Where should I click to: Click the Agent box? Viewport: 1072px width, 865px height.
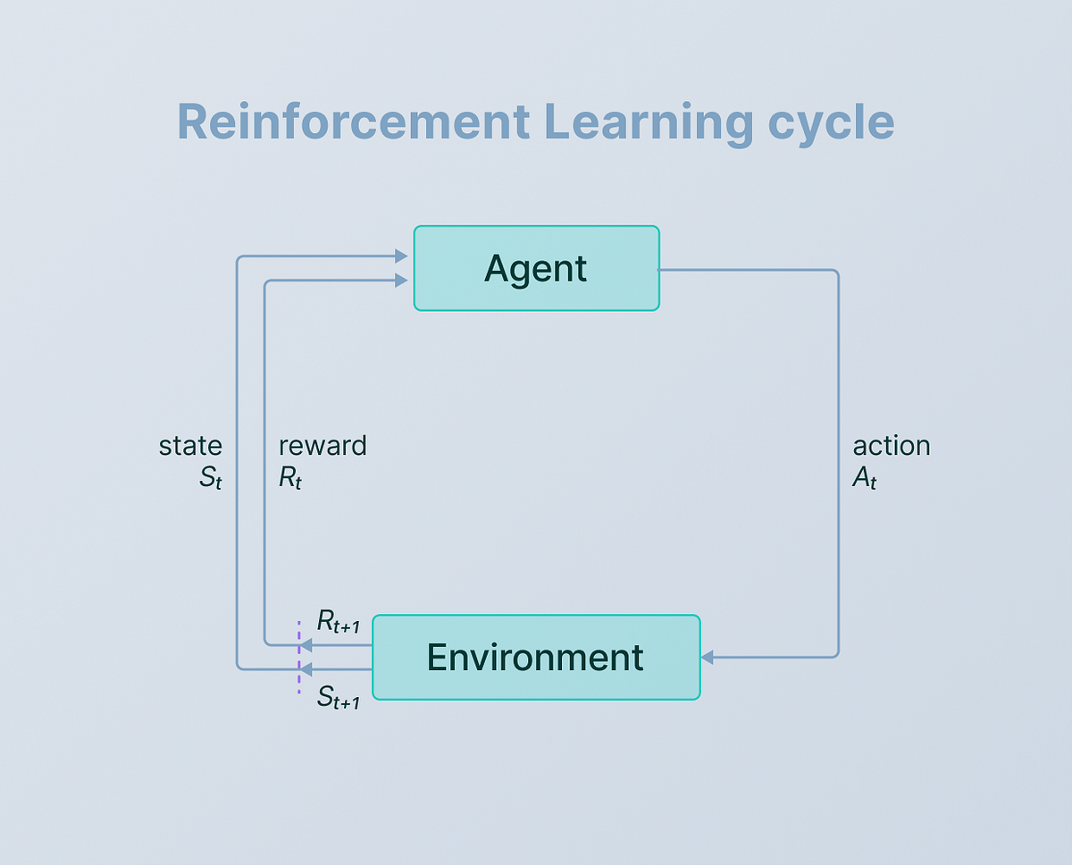click(536, 268)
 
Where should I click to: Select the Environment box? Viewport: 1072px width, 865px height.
click(536, 657)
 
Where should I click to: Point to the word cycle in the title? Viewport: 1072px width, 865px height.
click(832, 123)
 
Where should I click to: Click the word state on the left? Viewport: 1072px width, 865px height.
click(190, 445)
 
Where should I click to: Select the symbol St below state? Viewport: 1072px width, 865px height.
click(211, 478)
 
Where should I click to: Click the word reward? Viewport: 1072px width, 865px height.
click(322, 445)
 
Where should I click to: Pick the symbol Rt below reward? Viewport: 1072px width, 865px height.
click(290, 478)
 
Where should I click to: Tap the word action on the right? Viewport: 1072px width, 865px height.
click(892, 445)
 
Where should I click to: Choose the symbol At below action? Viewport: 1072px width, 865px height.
click(865, 478)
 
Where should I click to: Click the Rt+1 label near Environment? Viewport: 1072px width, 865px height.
click(339, 624)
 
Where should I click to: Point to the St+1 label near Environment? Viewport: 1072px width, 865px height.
click(339, 698)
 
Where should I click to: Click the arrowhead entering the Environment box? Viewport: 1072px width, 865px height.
click(707, 658)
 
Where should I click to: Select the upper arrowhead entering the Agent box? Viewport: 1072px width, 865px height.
click(401, 257)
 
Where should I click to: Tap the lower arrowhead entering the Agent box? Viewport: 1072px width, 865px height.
click(401, 281)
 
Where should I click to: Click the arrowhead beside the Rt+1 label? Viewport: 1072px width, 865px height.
click(306, 644)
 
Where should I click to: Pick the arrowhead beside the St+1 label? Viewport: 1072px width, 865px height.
click(306, 668)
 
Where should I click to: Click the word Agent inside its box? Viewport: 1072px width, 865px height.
click(536, 268)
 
